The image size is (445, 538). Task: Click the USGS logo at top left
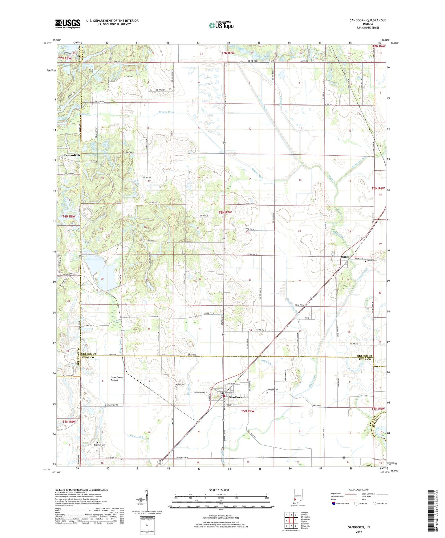click(x=68, y=23)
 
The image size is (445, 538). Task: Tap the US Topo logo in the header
click(x=221, y=26)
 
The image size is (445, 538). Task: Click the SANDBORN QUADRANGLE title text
click(x=368, y=20)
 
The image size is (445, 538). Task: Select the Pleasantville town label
click(x=72, y=155)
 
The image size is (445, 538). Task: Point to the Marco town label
click(x=345, y=257)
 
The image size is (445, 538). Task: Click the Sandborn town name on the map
click(x=235, y=397)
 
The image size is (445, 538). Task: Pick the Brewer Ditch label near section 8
click(x=167, y=112)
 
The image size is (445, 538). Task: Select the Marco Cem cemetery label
click(x=372, y=260)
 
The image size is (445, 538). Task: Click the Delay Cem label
click(x=180, y=385)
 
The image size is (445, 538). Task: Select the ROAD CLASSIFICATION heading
click(x=359, y=490)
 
